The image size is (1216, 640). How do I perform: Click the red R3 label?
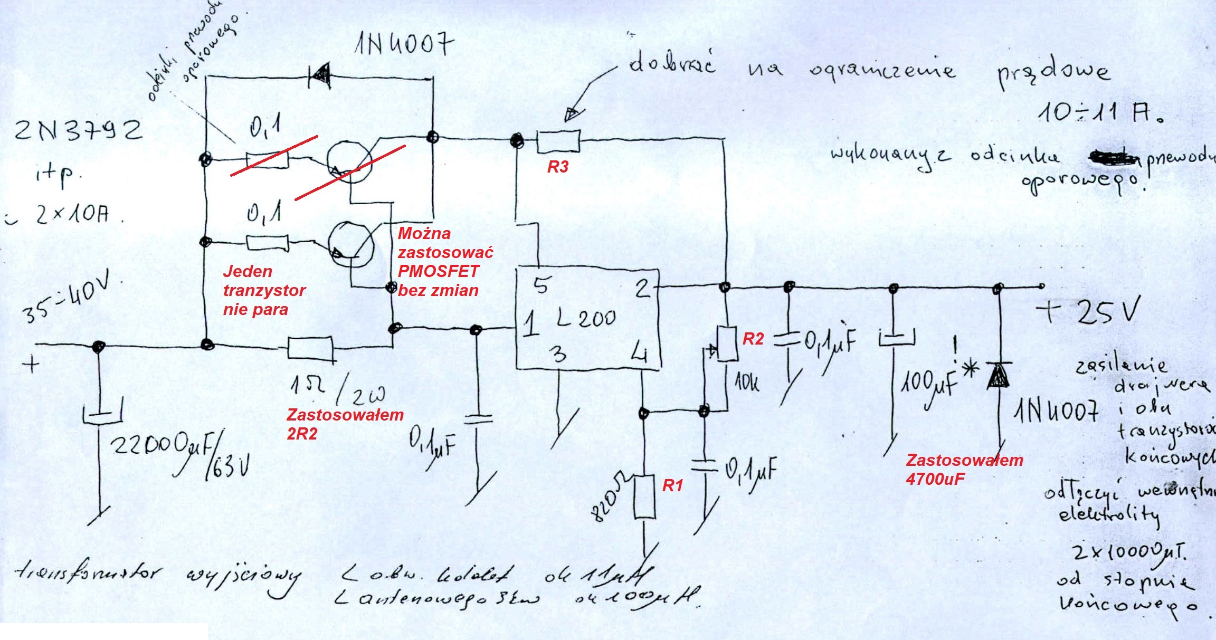tap(558, 167)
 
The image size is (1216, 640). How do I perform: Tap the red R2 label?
tap(753, 339)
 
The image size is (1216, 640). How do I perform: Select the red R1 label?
tap(673, 485)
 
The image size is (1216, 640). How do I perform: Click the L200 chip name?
tap(586, 318)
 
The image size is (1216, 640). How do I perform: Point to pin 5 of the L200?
tap(540, 285)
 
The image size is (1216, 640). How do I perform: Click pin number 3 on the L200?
tap(559, 354)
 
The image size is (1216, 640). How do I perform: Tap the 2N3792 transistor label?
tap(78, 130)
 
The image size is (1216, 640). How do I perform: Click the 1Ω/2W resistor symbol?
tap(310, 348)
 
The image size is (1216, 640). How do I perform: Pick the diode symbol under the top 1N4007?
tap(319, 77)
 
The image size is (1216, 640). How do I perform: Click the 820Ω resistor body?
tap(644, 496)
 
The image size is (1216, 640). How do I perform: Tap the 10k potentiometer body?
tap(727, 343)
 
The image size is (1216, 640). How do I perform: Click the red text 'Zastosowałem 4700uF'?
tap(964, 469)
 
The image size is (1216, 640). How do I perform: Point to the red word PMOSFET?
tap(438, 271)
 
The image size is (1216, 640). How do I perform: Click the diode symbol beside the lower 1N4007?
tap(999, 376)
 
